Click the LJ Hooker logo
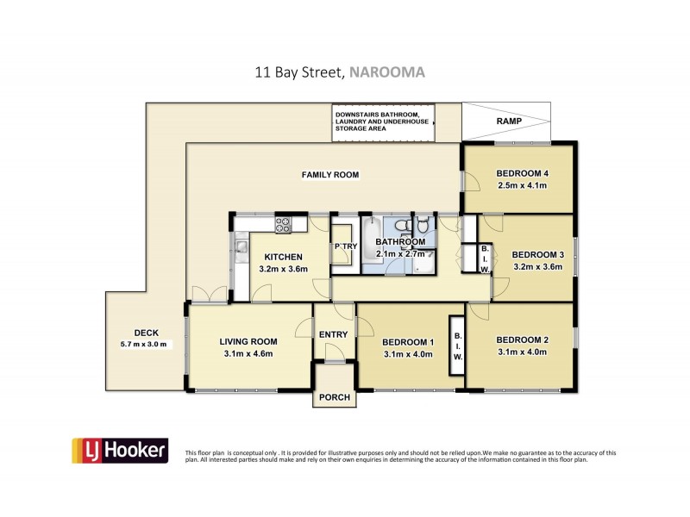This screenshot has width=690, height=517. [x=119, y=452]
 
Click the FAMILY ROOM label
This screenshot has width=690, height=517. [x=329, y=175]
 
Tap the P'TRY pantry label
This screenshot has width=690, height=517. [x=345, y=247]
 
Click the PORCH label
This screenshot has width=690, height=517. [x=334, y=397]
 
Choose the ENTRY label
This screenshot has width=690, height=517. [x=333, y=335]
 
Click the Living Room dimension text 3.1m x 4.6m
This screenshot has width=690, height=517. [x=246, y=352]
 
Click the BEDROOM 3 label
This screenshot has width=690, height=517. [x=537, y=254]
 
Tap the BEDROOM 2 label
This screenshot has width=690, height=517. [x=523, y=339]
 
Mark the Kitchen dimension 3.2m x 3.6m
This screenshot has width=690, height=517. [x=283, y=269]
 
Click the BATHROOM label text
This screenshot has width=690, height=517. [x=403, y=242]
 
